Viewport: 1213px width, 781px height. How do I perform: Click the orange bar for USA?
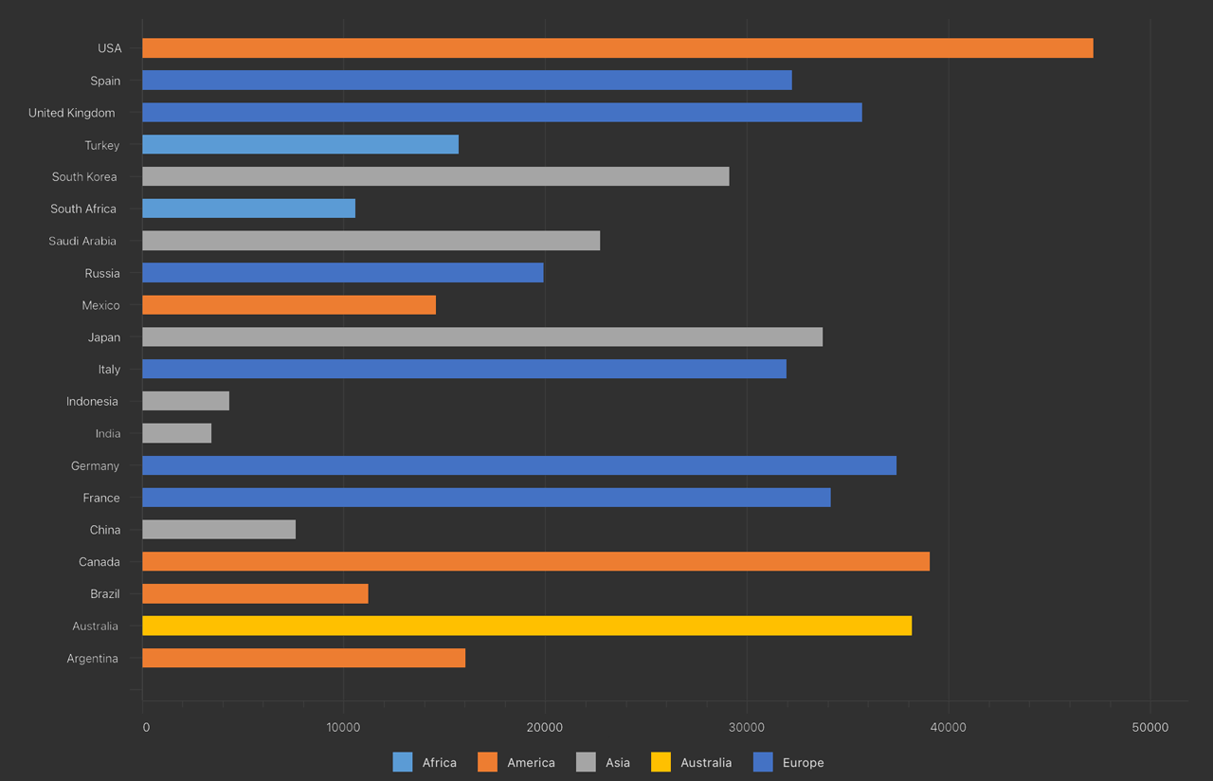617,48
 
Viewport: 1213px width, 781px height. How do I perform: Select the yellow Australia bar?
527,626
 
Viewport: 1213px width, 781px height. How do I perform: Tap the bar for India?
176,433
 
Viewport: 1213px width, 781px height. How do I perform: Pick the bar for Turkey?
300,144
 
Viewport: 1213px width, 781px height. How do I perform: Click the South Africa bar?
248,209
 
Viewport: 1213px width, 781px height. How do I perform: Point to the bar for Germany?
519,465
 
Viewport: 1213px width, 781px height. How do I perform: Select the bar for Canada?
535,561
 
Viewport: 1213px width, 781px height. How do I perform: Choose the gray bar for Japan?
482,336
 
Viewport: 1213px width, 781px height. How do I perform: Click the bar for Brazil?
255,593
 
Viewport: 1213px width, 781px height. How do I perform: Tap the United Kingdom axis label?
72,113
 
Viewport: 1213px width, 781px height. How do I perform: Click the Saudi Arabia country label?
82,241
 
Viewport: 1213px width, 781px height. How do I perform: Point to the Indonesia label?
92,401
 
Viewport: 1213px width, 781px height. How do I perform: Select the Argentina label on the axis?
92,658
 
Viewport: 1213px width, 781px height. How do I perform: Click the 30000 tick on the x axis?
746,727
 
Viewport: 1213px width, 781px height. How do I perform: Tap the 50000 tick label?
1150,727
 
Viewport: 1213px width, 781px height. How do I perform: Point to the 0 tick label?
146,727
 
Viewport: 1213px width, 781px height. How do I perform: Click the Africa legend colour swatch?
403,762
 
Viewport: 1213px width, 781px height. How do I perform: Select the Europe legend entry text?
803,762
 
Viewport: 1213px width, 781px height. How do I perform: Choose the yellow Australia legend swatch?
661,762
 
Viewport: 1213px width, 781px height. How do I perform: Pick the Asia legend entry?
617,762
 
